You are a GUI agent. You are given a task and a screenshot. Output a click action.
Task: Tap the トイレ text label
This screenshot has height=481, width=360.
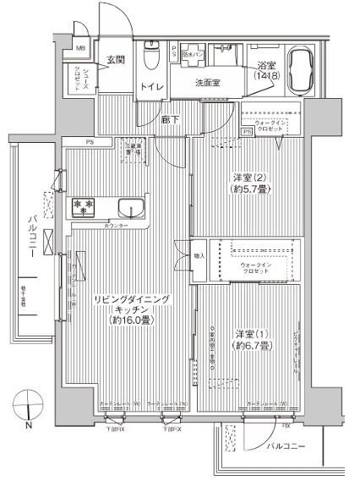152,86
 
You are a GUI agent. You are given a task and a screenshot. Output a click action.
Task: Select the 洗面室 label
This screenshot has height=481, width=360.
207,83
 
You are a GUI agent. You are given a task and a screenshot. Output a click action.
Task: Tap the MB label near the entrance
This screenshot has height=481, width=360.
81,49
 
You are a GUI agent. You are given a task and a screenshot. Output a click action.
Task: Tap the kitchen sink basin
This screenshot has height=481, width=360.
131,208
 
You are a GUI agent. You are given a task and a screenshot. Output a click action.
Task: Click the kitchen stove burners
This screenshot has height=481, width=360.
82,205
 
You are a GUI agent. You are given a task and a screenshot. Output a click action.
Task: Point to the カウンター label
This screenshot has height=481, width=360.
117,227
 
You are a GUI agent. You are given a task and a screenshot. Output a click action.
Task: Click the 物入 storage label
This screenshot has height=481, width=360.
200,255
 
